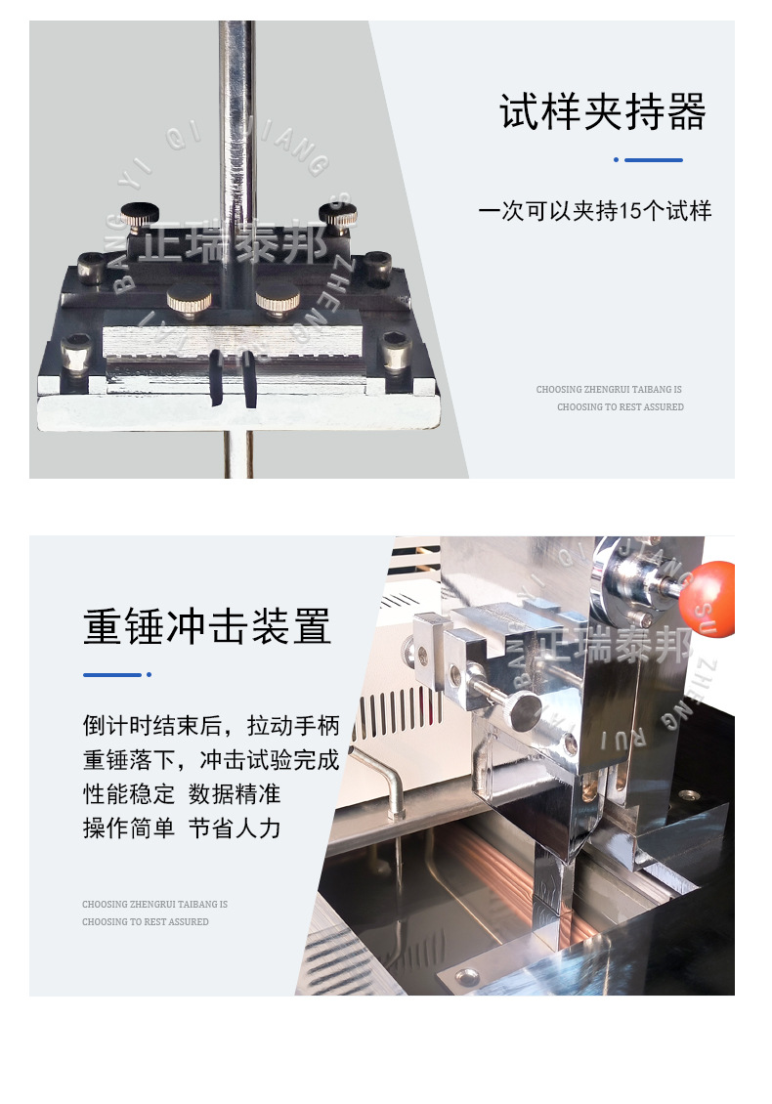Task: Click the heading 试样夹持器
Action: click(x=602, y=113)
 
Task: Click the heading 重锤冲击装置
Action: click(x=207, y=627)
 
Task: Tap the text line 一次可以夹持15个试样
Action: click(x=594, y=211)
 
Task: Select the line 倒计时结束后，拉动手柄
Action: click(x=211, y=726)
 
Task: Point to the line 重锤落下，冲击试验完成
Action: click(x=211, y=760)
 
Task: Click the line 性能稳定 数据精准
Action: click(x=182, y=793)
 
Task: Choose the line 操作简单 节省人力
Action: click(x=182, y=828)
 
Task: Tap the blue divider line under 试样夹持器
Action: click(x=653, y=159)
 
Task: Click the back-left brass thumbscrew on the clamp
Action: click(x=140, y=212)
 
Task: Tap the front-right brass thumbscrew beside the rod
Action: click(x=277, y=297)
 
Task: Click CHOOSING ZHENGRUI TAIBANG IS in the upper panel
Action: click(x=609, y=390)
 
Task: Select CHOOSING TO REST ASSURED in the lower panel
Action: click(x=145, y=921)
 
